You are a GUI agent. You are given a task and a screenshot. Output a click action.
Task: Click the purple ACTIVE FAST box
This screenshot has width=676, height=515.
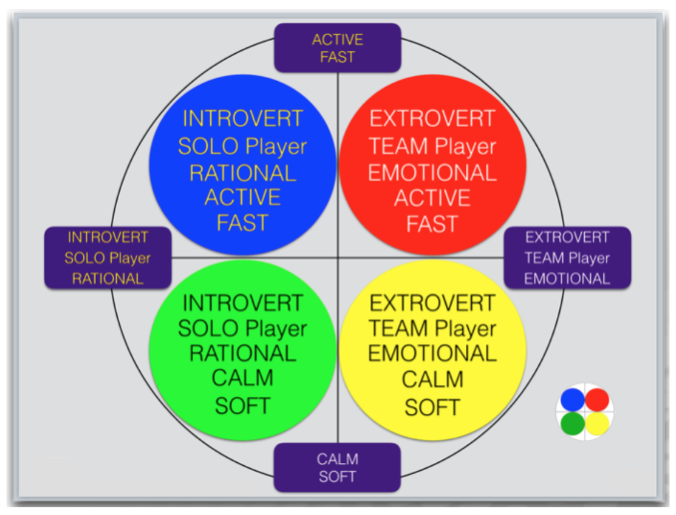point(337,48)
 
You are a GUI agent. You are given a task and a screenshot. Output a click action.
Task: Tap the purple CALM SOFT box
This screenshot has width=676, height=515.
point(337,468)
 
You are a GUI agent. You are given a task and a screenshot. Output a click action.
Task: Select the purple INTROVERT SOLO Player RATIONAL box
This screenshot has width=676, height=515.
point(108,257)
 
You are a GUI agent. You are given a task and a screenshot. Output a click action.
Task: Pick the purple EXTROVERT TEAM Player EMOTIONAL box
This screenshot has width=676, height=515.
point(567,257)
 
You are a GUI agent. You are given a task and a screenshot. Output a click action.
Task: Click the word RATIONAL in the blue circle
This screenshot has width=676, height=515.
point(243,173)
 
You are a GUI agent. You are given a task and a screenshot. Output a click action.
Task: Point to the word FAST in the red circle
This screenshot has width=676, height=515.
point(432,224)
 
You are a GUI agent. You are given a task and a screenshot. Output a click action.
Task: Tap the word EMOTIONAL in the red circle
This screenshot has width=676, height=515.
point(433,173)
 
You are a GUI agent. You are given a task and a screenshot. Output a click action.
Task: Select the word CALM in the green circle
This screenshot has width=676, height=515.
point(243,378)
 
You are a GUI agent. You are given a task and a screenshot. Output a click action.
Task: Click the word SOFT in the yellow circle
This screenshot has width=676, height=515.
point(433,407)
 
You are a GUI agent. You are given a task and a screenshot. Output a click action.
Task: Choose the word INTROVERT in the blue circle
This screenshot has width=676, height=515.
point(243,118)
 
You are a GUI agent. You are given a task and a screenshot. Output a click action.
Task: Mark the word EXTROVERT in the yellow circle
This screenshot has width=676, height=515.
point(432,303)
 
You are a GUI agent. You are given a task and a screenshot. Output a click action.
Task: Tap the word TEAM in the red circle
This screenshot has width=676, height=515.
point(398,146)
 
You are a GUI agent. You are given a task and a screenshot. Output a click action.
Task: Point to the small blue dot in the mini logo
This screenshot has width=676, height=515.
point(572,400)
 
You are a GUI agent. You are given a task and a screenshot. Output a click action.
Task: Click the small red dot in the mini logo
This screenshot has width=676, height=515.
point(597,400)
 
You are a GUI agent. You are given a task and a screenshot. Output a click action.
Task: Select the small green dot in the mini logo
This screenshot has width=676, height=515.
point(572,424)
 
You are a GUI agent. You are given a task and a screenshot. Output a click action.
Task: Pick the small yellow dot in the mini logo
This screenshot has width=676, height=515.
point(597,424)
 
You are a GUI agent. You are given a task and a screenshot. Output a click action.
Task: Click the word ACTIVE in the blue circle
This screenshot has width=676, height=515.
point(243,197)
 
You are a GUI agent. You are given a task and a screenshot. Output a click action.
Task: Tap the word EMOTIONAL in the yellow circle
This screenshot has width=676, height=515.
point(433,353)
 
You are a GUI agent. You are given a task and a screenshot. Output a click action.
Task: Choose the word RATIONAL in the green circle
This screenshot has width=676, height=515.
point(243,353)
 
